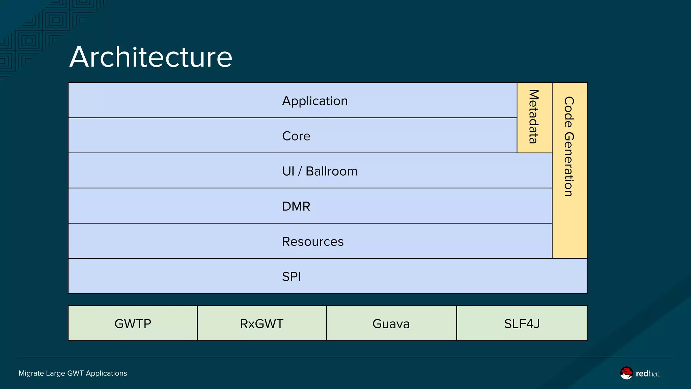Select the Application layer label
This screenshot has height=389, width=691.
314,101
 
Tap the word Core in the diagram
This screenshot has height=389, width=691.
296,136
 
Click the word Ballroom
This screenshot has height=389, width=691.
331,171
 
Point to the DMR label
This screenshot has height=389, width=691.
296,206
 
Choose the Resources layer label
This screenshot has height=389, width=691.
312,241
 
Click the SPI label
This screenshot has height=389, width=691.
291,277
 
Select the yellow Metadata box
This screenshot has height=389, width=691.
534,117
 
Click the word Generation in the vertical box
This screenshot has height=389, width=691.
569,164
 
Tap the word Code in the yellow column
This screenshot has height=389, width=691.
569,112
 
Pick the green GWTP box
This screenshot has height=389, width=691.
133,323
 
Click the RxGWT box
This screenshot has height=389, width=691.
262,323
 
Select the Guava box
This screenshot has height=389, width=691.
391,323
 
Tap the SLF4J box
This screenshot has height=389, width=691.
522,323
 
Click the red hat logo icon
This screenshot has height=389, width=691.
627,373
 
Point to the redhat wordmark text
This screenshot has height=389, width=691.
648,373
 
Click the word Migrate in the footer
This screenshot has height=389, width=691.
31,373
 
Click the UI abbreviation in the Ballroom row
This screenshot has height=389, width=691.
288,171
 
